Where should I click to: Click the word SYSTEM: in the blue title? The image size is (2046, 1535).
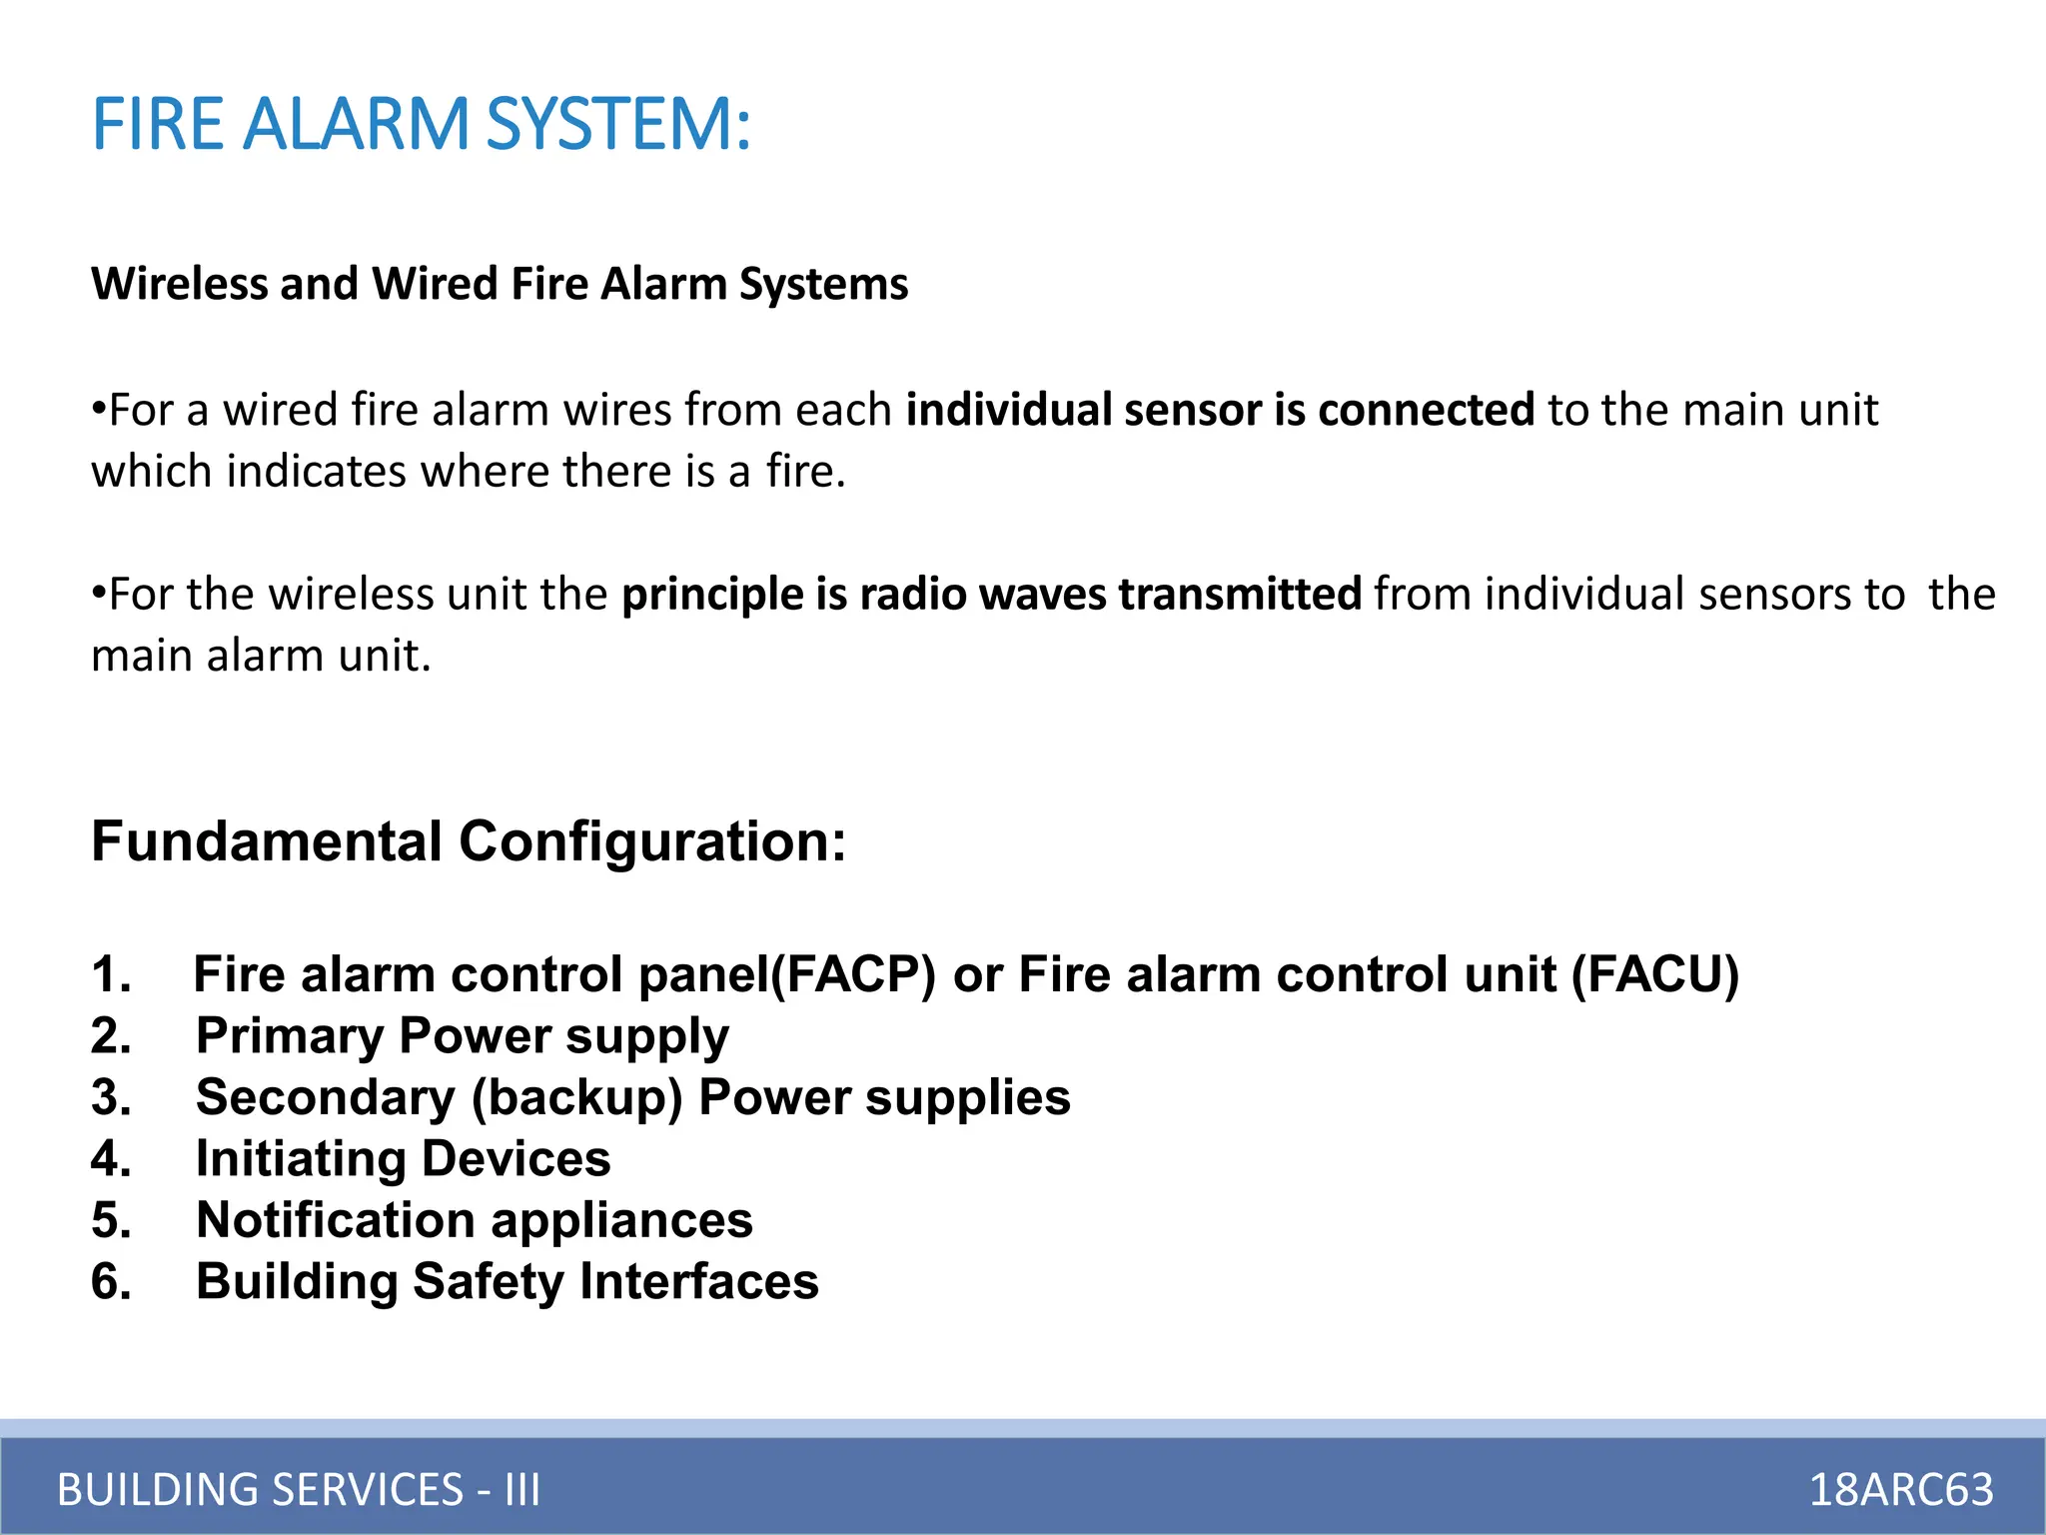[618, 124]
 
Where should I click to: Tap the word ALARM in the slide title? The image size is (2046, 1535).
[356, 124]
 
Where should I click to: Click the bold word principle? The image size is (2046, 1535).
[711, 595]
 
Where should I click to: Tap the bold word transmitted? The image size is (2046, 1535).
[1239, 594]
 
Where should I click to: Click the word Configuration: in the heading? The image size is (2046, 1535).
[652, 841]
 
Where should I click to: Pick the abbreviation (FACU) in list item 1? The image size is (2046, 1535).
[1655, 974]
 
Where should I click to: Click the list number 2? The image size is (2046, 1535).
[111, 1036]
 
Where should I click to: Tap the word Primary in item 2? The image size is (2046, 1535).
[290, 1036]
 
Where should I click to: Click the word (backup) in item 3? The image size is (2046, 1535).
[576, 1098]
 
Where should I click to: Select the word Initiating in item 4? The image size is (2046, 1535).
[301, 1159]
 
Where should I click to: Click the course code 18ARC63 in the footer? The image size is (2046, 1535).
[1901, 1489]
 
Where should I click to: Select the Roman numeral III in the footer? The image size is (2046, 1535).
[522, 1489]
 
